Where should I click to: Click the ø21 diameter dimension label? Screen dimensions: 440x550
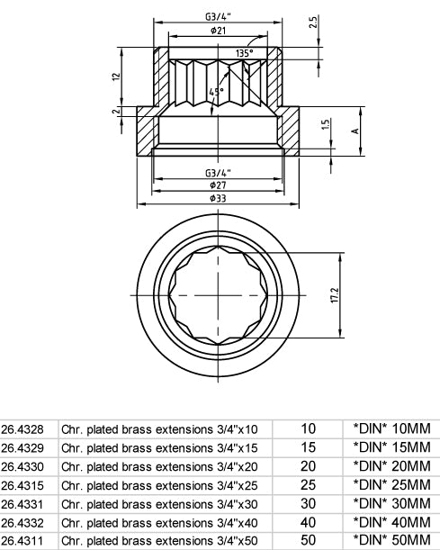click(x=218, y=31)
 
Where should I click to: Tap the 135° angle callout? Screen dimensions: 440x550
click(x=245, y=53)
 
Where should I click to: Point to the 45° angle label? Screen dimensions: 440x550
click(x=216, y=92)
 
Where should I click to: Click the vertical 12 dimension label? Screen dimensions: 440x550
click(x=116, y=77)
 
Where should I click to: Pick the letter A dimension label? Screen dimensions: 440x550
click(x=355, y=131)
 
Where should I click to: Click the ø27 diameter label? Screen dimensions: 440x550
click(x=218, y=185)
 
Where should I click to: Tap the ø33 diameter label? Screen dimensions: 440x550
click(x=218, y=198)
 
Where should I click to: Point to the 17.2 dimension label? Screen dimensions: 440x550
click(x=335, y=295)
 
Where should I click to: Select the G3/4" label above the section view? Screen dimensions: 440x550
click(x=218, y=17)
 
